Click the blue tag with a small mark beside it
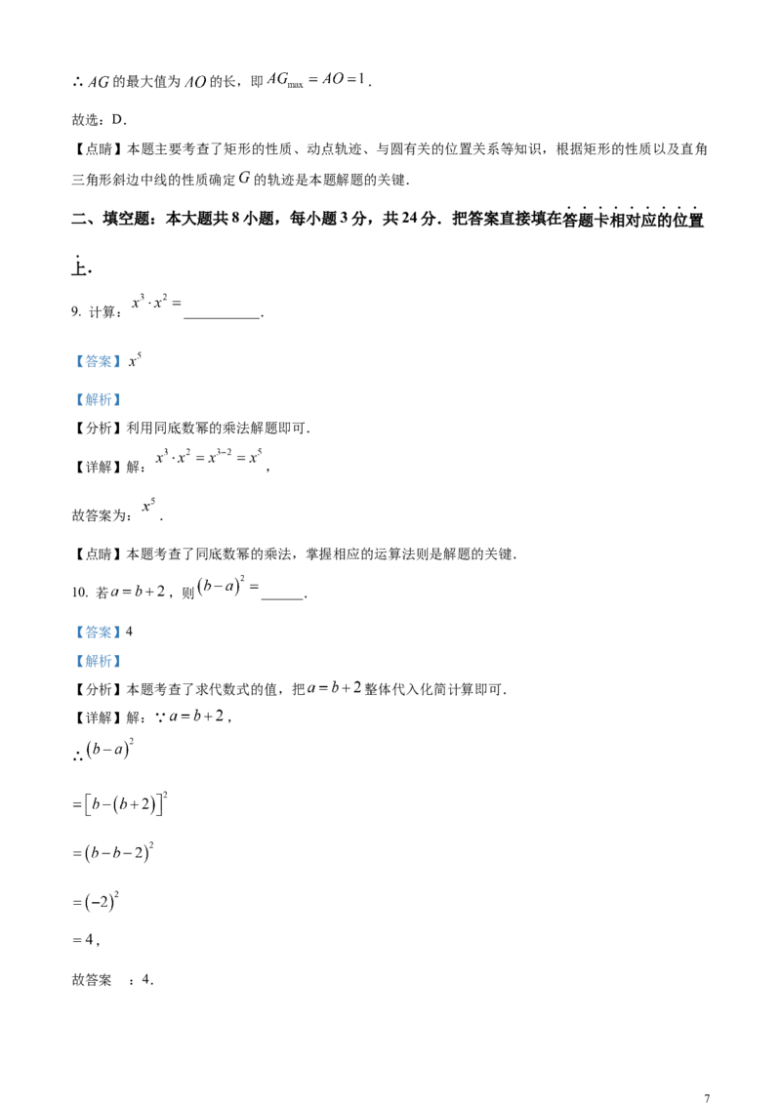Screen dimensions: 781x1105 (x=98, y=362)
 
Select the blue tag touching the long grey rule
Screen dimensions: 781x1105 (x=98, y=399)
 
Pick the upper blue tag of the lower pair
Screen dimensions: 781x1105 (x=98, y=633)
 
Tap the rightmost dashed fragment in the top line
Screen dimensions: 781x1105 (x=312, y=82)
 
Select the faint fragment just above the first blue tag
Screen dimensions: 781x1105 (x=156, y=302)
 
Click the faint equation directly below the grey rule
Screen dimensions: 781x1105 (x=211, y=455)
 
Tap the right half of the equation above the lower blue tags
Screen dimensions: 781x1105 (x=230, y=587)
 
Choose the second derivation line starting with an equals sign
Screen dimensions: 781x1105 (x=113, y=852)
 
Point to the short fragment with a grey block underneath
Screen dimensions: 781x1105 (x=98, y=902)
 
